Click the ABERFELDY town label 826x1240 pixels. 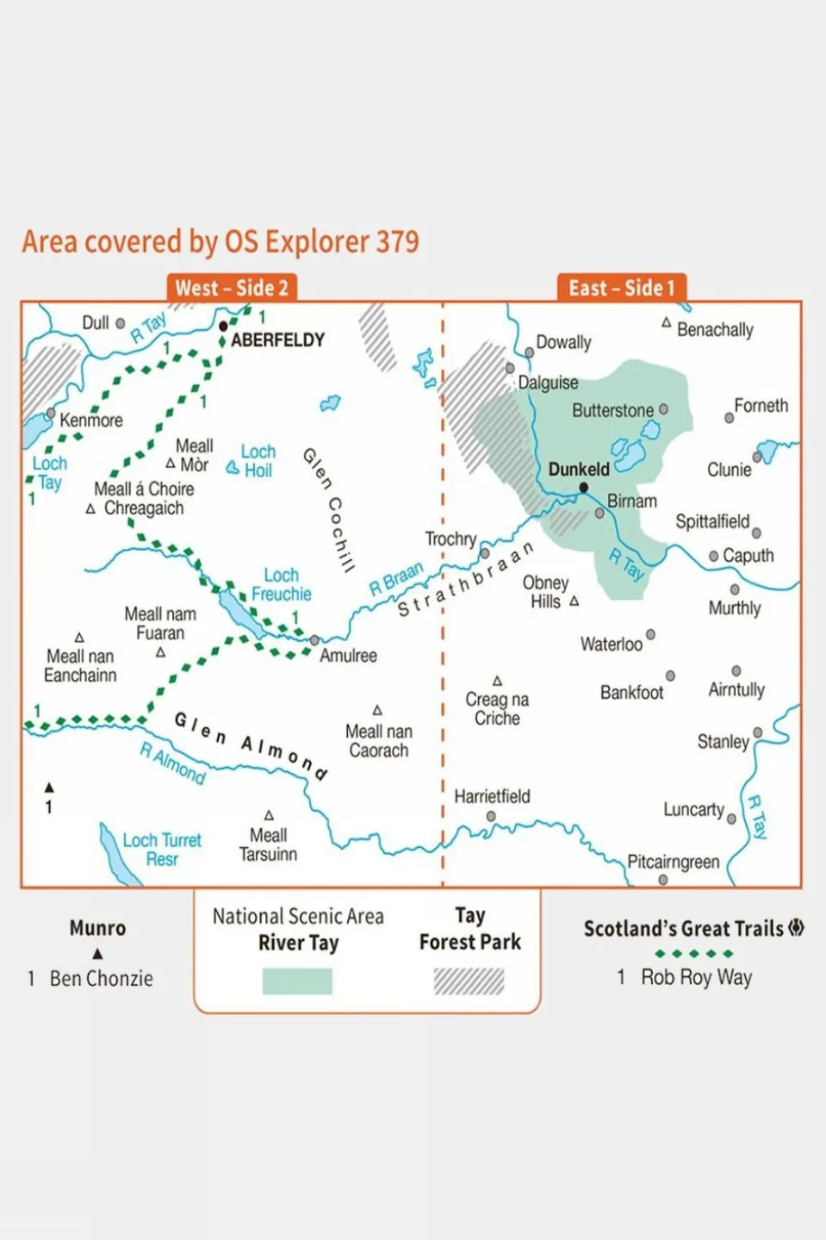point(277,340)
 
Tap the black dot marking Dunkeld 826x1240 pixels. point(584,488)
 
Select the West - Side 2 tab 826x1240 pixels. point(231,288)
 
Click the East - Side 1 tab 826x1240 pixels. point(621,288)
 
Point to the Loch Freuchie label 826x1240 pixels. point(282,584)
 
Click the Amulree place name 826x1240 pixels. point(348,656)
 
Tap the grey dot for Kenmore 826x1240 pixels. point(51,413)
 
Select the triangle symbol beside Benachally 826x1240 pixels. point(666,322)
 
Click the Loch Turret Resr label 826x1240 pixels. point(162,850)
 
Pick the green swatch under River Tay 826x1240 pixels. point(297,981)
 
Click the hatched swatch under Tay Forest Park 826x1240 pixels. point(469,981)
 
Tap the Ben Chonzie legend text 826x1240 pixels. point(101,979)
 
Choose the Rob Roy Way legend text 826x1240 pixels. point(696,977)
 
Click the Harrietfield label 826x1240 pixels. point(492,796)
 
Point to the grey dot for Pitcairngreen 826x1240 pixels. point(663,880)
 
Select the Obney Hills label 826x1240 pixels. point(545,592)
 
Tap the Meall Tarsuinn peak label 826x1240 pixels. point(268,844)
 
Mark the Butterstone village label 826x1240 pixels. point(612,410)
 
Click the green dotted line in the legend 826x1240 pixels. point(693,953)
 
